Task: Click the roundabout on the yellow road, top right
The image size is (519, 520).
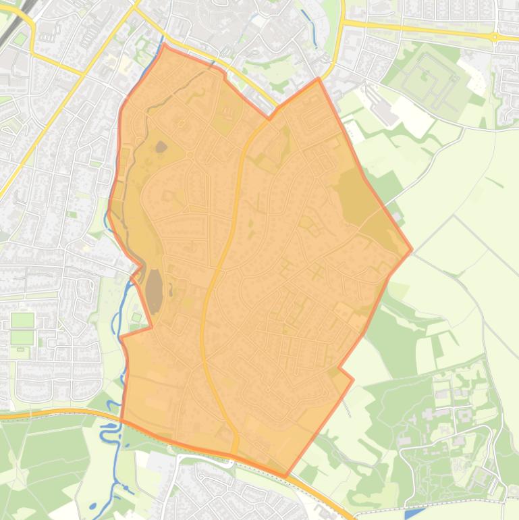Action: tap(495, 36)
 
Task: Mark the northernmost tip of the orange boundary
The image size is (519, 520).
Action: tap(164, 45)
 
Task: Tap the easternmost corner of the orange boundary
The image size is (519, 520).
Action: tap(412, 249)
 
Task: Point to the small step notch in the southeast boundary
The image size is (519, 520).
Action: tap(342, 369)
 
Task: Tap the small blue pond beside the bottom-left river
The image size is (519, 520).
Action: tap(92, 506)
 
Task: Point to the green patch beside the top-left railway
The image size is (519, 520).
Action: tap(20, 39)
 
